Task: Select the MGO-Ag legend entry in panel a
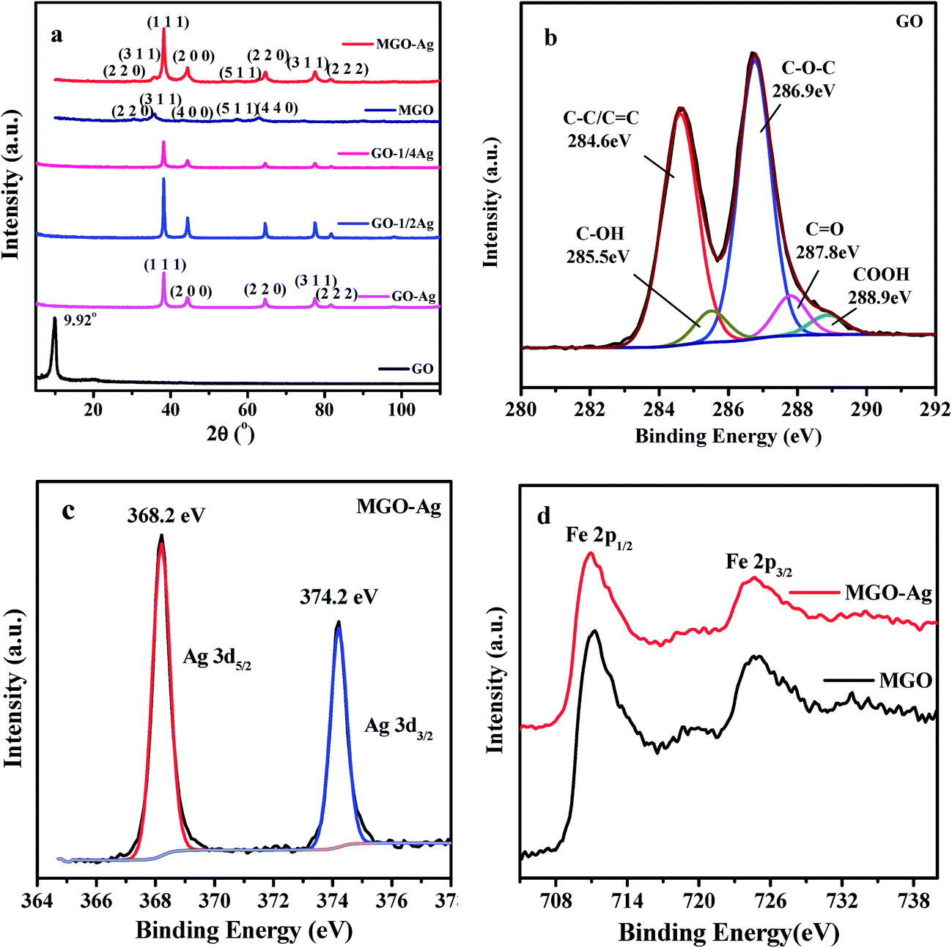[x=405, y=45]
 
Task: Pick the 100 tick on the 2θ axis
[x=401, y=409]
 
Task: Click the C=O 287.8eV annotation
[x=827, y=241]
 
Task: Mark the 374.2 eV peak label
[x=339, y=597]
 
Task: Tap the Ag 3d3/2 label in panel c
[x=399, y=727]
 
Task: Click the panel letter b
[x=551, y=38]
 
